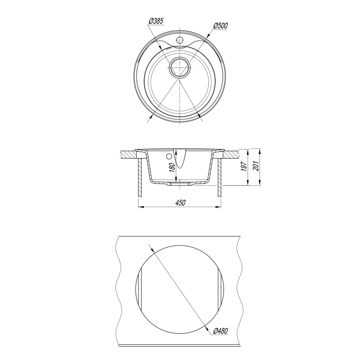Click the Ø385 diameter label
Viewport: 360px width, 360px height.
pos(156,21)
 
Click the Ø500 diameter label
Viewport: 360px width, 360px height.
pos(220,26)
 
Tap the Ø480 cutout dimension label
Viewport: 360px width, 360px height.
pos(220,331)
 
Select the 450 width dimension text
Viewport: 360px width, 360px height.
pos(180,203)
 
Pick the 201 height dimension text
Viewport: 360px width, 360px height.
pos(256,166)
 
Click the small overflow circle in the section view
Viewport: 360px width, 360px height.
pos(169,156)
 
